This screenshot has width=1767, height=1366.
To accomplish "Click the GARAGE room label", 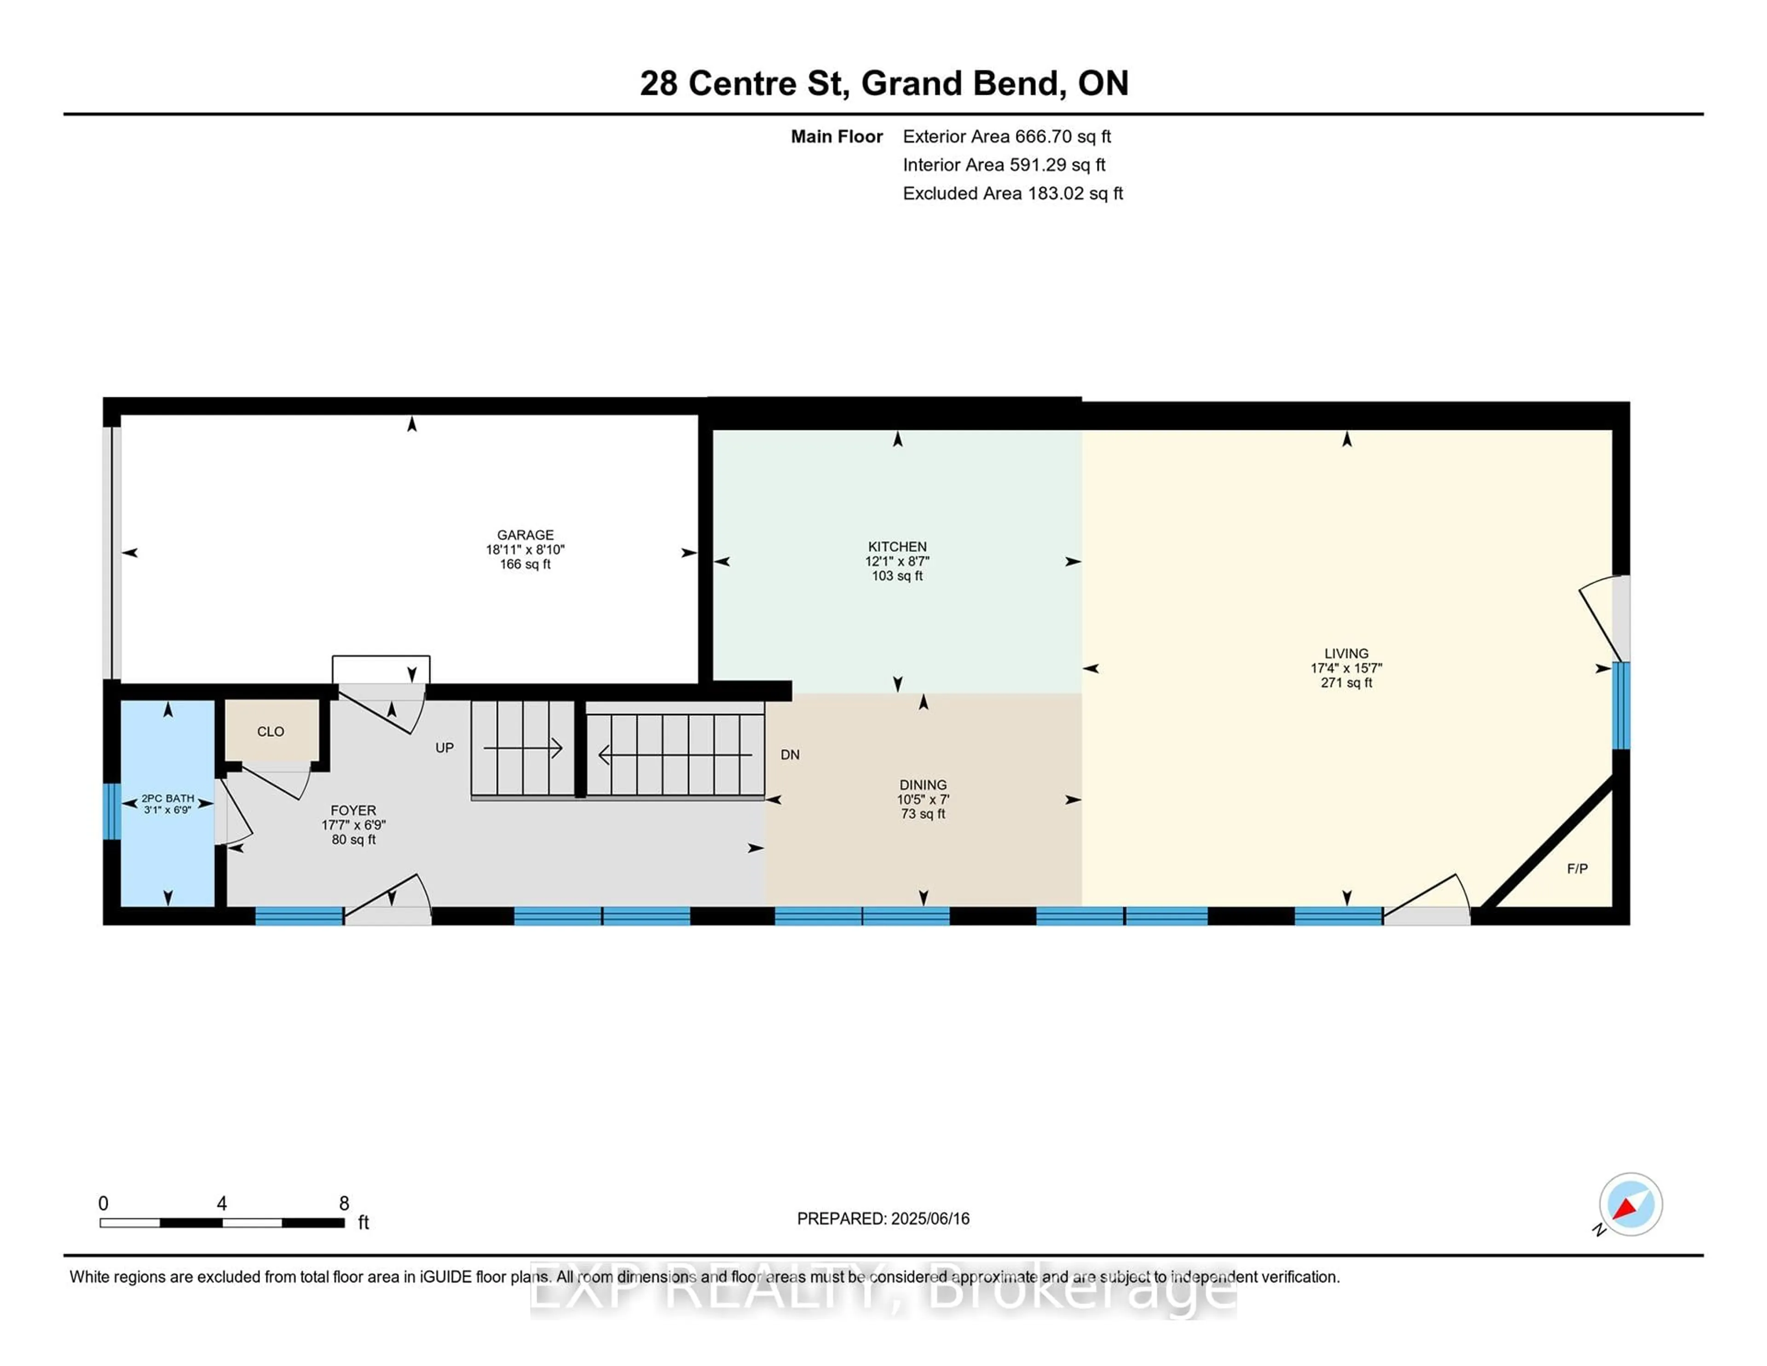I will [525, 535].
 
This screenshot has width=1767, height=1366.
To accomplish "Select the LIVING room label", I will [1346, 653].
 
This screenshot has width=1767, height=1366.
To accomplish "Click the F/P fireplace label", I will [1577, 868].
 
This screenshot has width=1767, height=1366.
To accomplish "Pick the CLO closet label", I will [270, 731].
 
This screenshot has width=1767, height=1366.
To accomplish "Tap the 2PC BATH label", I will [168, 798].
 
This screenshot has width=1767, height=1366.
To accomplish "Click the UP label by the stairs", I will [444, 748].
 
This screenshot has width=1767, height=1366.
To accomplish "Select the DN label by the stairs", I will [790, 754].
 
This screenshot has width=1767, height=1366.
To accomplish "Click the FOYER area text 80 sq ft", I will [353, 839].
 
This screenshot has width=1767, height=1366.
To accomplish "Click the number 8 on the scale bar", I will [344, 1204].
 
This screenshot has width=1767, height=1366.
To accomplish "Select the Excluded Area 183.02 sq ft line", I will [1012, 193].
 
